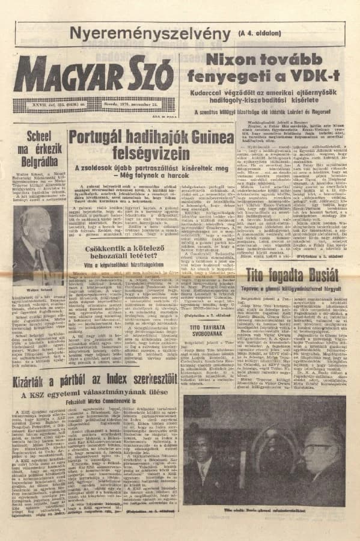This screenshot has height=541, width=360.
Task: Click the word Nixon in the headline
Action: click(x=230, y=59)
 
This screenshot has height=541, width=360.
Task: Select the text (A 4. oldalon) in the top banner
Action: click(x=259, y=33)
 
